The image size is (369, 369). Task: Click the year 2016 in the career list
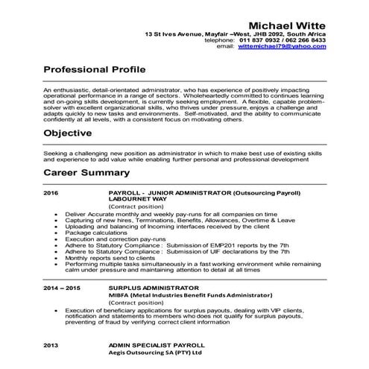pyautogui.click(x=51, y=192)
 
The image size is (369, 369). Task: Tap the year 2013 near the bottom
pyautogui.click(x=51, y=346)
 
